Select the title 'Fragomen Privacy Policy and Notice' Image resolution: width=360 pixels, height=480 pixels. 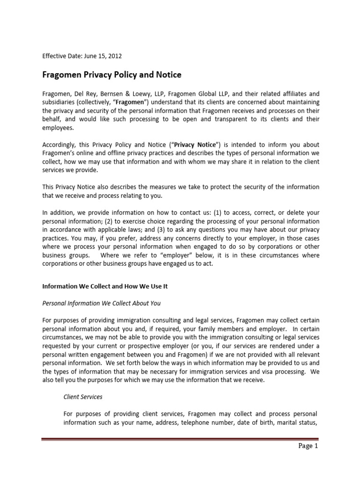(x=112, y=75)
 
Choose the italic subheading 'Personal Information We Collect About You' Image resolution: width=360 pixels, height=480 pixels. (x=102, y=303)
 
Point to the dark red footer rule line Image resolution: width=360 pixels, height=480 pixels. (x=180, y=439)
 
